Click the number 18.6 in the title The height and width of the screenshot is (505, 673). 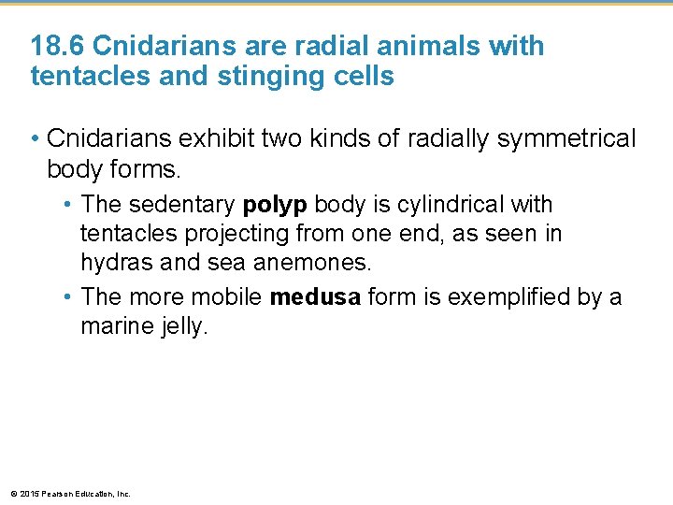[58, 46]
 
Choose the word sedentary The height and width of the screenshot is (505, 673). [184, 204]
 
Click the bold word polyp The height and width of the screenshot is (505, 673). [274, 204]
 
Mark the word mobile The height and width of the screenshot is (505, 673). [226, 297]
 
